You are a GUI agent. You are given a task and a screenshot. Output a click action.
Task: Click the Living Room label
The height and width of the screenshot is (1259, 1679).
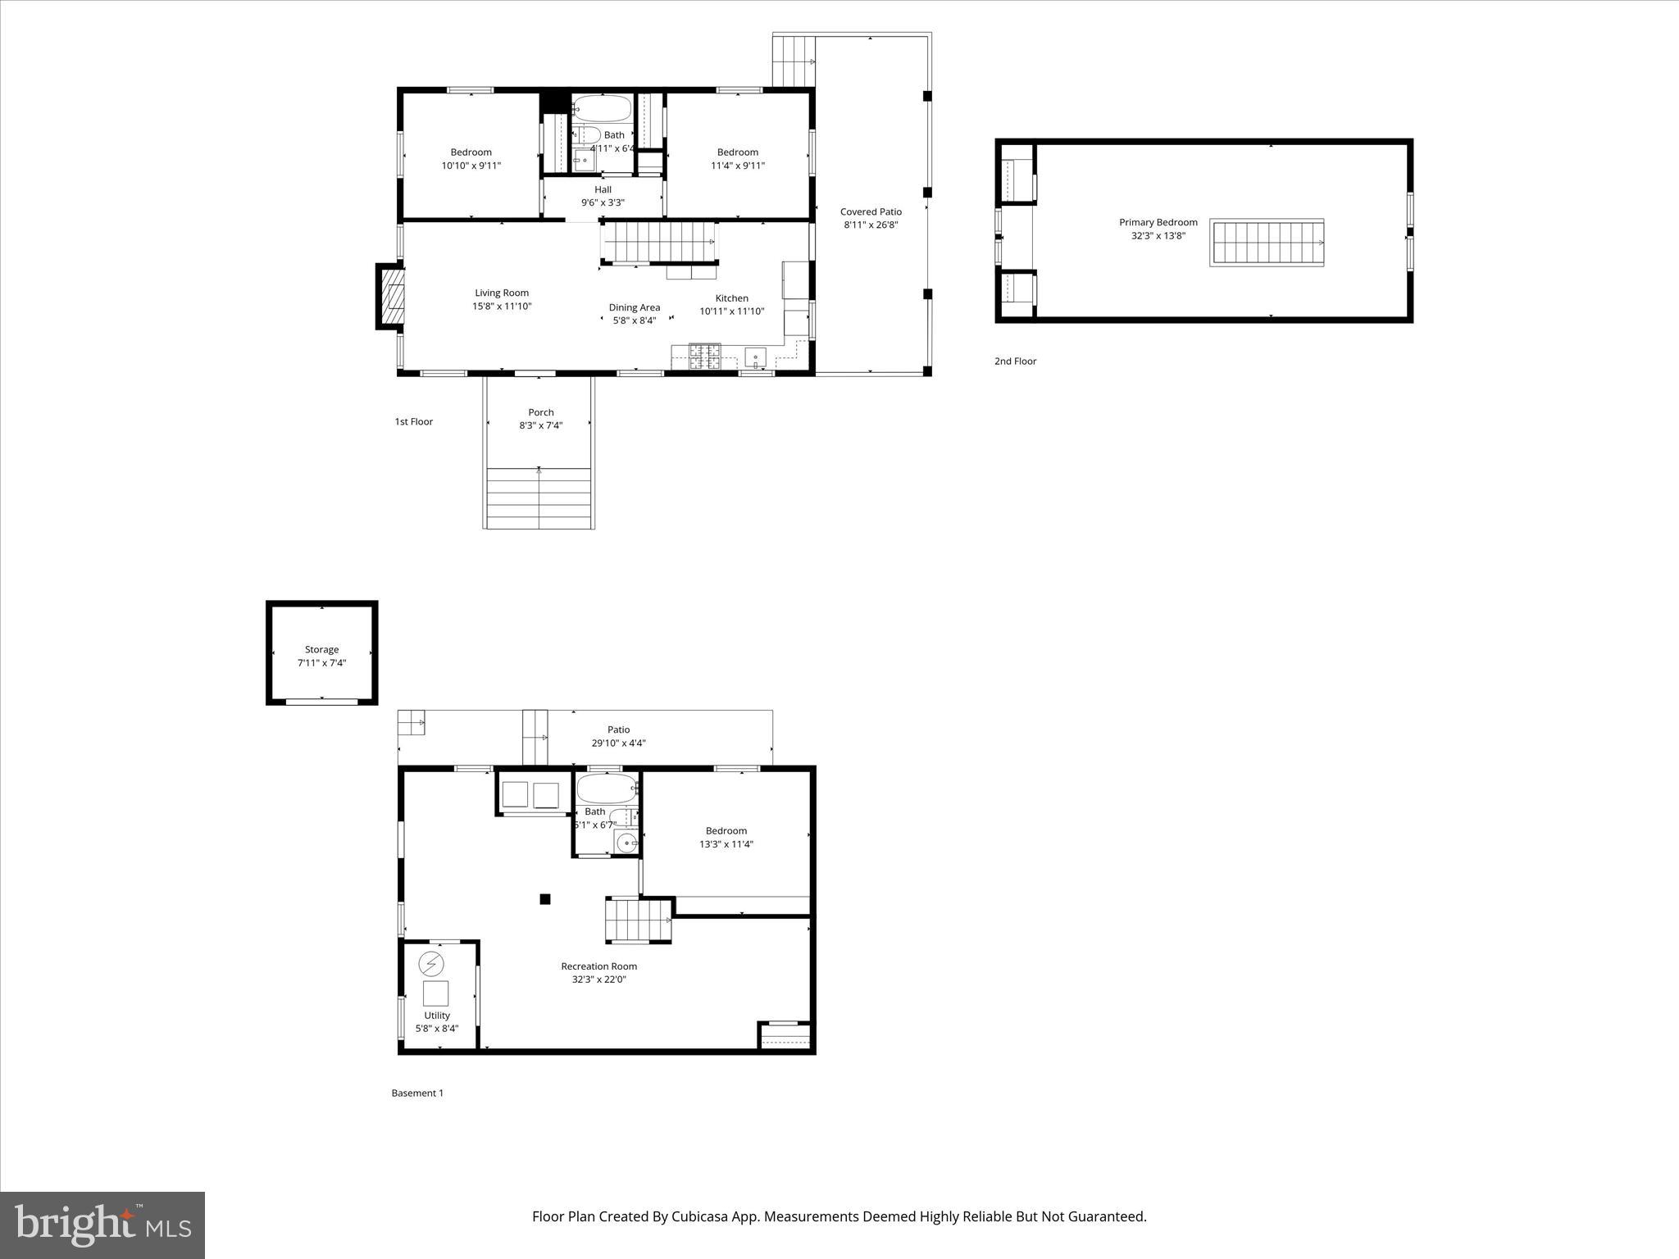pyautogui.click(x=502, y=293)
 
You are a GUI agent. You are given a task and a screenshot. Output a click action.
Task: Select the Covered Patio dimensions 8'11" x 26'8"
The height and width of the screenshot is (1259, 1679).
pyautogui.click(x=871, y=225)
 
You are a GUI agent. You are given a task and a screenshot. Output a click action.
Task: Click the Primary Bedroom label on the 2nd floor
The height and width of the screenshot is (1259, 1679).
pyautogui.click(x=1158, y=222)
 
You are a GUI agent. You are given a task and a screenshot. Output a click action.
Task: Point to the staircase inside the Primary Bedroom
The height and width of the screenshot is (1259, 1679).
pyautogui.click(x=1267, y=243)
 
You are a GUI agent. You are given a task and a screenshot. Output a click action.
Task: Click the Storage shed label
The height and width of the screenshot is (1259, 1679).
pyautogui.click(x=321, y=649)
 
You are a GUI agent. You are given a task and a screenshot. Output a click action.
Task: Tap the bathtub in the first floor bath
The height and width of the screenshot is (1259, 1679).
pyautogui.click(x=603, y=108)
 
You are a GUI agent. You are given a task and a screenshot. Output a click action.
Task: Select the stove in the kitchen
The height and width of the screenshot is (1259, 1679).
pyautogui.click(x=704, y=356)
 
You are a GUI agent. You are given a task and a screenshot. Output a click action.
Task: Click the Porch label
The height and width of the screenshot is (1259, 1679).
pyautogui.click(x=540, y=412)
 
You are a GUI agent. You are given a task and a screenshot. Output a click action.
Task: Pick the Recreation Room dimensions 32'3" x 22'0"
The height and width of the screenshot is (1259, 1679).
pyautogui.click(x=598, y=979)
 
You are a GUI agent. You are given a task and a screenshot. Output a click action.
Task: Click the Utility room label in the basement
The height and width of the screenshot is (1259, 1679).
pyautogui.click(x=437, y=1016)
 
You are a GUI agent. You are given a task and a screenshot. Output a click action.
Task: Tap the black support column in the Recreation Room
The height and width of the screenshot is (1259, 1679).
pyautogui.click(x=545, y=899)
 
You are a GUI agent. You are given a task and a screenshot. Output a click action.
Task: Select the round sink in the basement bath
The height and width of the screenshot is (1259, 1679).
pyautogui.click(x=626, y=842)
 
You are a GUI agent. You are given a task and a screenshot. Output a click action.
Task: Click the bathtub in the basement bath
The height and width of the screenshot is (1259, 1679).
pyautogui.click(x=607, y=789)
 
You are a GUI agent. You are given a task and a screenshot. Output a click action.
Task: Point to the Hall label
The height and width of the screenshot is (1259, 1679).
pyautogui.click(x=603, y=189)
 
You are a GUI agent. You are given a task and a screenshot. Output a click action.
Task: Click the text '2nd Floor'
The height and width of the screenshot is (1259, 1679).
pyautogui.click(x=1015, y=361)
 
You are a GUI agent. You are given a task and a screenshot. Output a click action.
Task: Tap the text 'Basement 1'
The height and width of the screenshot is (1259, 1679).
pyautogui.click(x=417, y=1093)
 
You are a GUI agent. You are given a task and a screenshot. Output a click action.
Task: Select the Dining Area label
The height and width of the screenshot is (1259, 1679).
pyautogui.click(x=634, y=307)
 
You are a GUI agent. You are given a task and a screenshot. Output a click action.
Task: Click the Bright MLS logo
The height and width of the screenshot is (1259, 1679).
pyautogui.click(x=102, y=1225)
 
